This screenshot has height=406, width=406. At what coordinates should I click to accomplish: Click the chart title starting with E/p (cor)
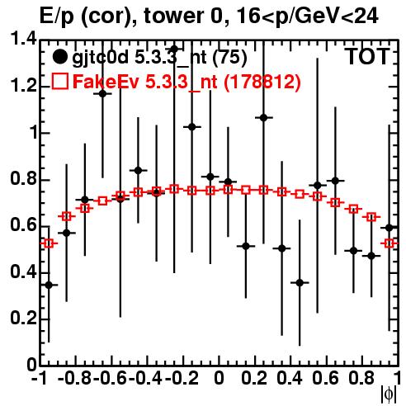(x=209, y=16)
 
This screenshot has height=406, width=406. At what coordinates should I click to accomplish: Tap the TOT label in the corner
(x=367, y=57)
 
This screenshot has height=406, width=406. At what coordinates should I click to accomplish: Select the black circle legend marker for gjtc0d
(x=59, y=57)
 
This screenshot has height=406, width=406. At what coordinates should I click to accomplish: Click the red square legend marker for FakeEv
(x=59, y=81)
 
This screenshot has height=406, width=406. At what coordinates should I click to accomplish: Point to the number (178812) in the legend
(x=262, y=82)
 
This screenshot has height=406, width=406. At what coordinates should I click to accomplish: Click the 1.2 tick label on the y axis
(x=23, y=86)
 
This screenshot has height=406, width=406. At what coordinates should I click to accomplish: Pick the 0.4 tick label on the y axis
(x=23, y=272)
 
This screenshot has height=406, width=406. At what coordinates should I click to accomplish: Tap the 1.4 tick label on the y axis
(x=23, y=40)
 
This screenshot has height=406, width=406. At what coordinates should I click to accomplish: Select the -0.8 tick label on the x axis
(x=74, y=379)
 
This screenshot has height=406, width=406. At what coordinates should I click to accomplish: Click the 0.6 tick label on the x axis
(x=325, y=379)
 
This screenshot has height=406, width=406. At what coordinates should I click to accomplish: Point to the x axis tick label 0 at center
(x=219, y=379)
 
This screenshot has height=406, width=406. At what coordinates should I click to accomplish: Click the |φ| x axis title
(x=389, y=394)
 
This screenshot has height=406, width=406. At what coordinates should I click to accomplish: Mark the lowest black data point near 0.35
(x=49, y=286)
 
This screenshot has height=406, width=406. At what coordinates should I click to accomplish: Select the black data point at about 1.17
(x=102, y=94)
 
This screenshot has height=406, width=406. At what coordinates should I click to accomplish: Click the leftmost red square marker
(x=49, y=243)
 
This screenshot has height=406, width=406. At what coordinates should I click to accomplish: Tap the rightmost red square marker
(x=389, y=243)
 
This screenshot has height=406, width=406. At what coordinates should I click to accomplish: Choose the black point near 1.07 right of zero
(x=264, y=118)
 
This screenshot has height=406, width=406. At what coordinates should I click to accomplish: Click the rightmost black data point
(x=389, y=228)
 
